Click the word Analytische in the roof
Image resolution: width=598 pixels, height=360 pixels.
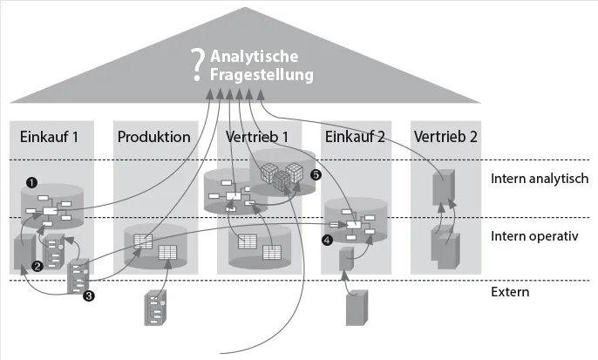coord(261,58)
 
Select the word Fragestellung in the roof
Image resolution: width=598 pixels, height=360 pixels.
coord(262,76)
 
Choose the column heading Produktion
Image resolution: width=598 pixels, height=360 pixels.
coord(153,137)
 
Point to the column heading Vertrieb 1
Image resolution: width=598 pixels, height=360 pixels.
coord(258,137)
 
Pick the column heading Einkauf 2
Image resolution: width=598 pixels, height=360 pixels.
coord(356,137)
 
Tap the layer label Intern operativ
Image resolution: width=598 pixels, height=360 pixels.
coord(535,235)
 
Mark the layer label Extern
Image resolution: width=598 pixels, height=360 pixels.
coord(510,292)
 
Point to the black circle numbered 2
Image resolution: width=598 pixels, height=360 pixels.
coord(37,266)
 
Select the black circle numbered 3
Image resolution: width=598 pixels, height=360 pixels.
coord(88,296)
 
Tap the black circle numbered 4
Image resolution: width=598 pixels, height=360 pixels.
coord(327,238)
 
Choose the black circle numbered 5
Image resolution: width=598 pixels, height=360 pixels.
coord(316,175)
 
